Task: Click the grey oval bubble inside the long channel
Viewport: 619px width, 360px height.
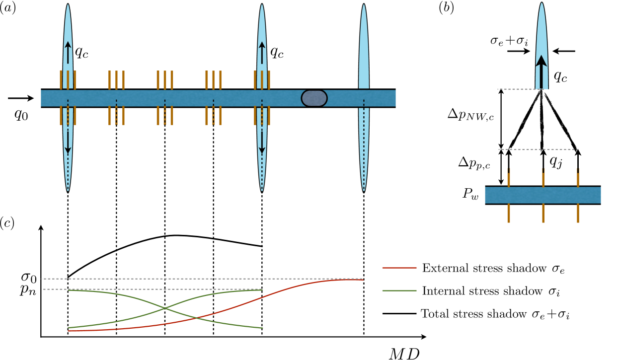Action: click(314, 98)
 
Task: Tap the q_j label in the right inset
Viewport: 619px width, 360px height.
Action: click(556, 161)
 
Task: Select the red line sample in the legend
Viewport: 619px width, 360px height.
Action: click(399, 268)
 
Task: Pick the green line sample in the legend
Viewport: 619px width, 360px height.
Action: click(399, 290)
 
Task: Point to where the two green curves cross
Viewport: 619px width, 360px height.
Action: click(165, 308)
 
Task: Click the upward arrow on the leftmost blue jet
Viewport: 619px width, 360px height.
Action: click(68, 52)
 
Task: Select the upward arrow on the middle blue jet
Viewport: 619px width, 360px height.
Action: click(262, 52)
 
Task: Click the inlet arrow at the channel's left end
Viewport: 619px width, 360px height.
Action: click(29, 98)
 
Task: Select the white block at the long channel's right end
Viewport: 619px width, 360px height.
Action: click(403, 98)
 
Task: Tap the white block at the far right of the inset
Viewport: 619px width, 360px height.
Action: click(609, 196)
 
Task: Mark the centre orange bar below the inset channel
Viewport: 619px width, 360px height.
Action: click(543, 213)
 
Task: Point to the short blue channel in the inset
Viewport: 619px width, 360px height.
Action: click(542, 195)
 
